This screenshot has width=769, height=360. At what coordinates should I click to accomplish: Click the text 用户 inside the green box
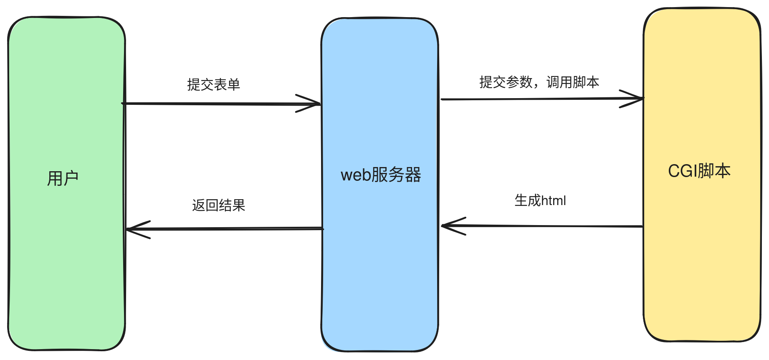63,178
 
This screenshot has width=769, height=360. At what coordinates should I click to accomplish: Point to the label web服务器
381,175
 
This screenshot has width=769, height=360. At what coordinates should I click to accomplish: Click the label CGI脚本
699,171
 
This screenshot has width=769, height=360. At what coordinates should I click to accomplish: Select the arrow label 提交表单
213,85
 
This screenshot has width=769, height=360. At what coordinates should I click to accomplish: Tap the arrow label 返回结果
218,205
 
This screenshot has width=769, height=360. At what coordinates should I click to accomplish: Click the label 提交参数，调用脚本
539,82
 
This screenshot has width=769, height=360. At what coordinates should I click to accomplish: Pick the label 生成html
540,200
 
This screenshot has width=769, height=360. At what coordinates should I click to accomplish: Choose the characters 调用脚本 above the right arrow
573,82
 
